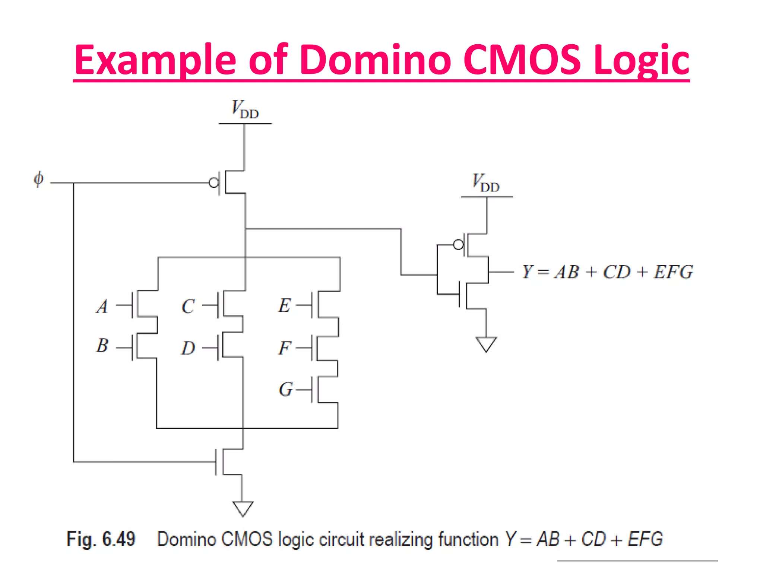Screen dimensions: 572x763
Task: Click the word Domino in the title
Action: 376,60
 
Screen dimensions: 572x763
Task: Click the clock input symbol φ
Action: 39,179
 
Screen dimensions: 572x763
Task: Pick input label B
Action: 102,346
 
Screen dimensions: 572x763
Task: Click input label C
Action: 188,306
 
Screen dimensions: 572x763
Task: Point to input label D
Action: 188,348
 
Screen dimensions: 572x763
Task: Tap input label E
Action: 284,305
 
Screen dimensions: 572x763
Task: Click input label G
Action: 285,390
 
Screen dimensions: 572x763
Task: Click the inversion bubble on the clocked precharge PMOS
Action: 214,183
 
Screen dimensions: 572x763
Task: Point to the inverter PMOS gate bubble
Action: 459,245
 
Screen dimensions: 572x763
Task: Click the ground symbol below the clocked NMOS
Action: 243,508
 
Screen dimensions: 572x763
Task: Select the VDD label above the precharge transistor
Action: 245,109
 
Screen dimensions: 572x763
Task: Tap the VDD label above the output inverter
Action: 486,183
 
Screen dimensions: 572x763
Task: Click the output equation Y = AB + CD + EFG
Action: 607,272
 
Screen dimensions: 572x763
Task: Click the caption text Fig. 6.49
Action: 101,539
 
